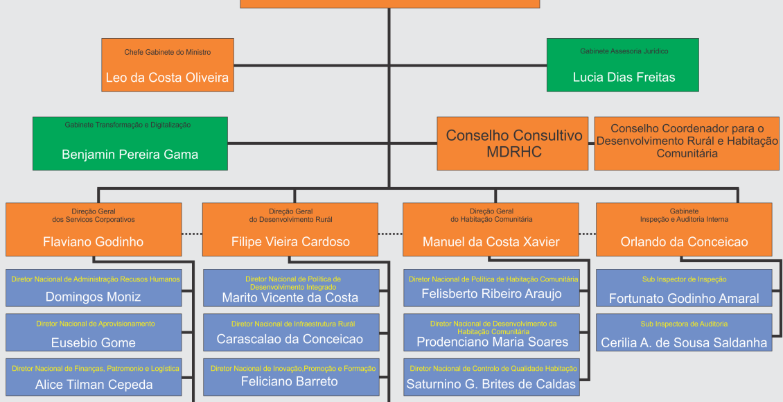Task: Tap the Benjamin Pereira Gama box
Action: [130, 143]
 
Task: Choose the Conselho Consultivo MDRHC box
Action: [513, 143]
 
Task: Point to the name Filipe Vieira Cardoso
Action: [290, 242]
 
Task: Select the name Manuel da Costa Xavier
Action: [491, 242]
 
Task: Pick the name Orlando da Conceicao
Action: [685, 242]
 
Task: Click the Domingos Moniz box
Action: [94, 288]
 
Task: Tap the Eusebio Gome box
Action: [94, 333]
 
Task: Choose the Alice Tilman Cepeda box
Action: [94, 377]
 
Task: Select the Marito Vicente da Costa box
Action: [290, 288]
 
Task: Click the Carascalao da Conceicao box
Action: [290, 333]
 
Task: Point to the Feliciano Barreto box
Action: [290, 377]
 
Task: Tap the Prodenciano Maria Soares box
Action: [491, 333]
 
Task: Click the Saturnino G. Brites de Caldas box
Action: [491, 377]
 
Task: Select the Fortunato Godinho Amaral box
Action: [684, 288]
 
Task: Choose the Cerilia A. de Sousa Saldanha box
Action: [684, 333]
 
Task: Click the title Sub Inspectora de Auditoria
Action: [684, 324]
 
